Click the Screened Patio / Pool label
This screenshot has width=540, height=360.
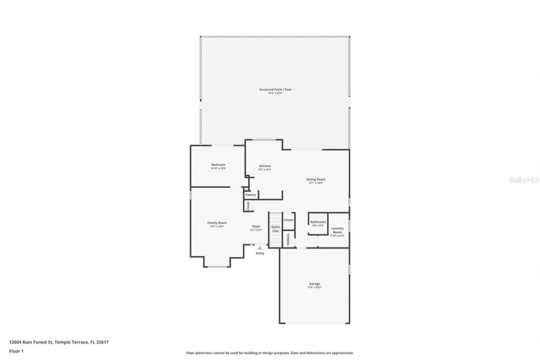(x=275, y=89)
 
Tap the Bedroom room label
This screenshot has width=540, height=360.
(x=218, y=165)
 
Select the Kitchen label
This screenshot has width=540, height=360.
(x=265, y=166)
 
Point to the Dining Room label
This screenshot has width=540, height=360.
(x=316, y=179)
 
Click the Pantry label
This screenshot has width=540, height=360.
(x=251, y=195)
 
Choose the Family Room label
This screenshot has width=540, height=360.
(x=217, y=223)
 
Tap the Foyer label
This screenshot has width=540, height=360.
(x=256, y=227)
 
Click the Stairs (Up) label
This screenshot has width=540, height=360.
(x=275, y=229)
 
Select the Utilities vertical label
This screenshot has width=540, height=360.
(x=288, y=239)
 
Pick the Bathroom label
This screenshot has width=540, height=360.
(x=318, y=222)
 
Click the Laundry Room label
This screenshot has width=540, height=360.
(x=337, y=230)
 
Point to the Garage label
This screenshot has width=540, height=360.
(x=314, y=284)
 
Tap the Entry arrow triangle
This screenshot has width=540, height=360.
(x=260, y=248)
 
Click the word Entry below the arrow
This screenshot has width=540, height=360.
(x=260, y=253)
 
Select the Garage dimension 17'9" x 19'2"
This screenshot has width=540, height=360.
(x=314, y=288)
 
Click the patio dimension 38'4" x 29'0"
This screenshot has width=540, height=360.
(x=275, y=93)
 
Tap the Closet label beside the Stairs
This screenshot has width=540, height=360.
(x=289, y=220)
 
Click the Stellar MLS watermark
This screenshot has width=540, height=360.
(x=524, y=180)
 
